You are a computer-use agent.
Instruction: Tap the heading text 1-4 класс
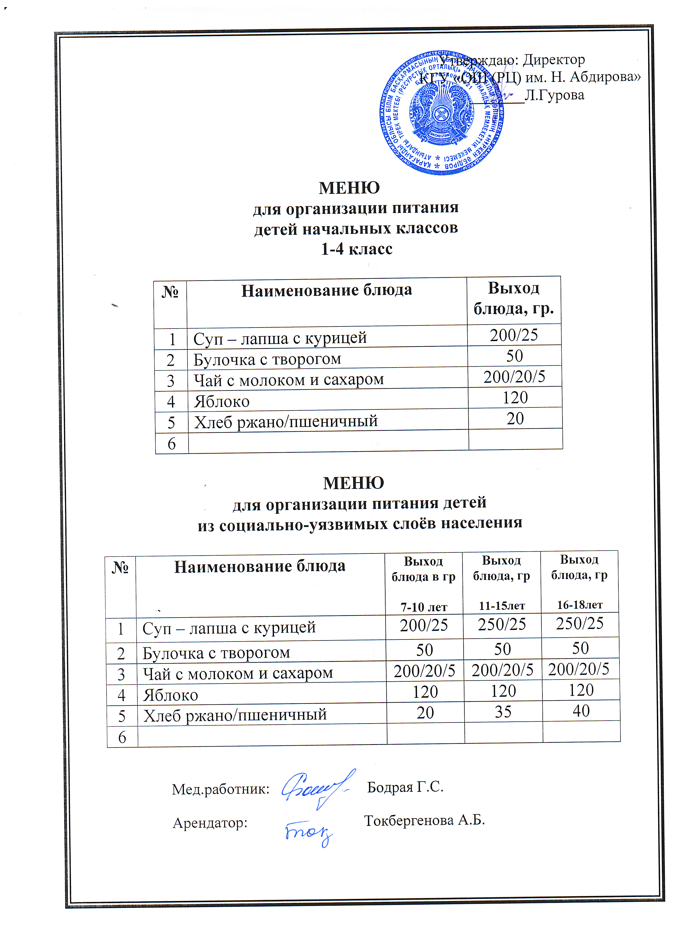[x=357, y=249]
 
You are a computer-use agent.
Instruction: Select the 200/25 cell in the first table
[x=514, y=335]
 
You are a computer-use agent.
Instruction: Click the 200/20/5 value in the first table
[x=514, y=377]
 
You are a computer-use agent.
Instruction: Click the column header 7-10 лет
[x=424, y=607]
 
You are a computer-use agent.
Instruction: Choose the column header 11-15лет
[x=502, y=606]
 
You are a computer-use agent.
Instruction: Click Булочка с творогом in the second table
[x=216, y=653]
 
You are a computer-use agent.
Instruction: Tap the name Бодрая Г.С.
[x=405, y=787]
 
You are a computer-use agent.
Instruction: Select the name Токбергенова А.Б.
[x=424, y=820]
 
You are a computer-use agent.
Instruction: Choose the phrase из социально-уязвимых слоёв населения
[x=360, y=523]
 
